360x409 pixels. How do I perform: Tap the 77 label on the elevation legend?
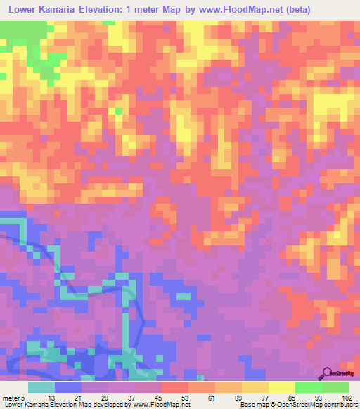click(x=269, y=397)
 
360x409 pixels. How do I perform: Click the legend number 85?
click(x=295, y=397)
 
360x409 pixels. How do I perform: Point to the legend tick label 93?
click(x=322, y=397)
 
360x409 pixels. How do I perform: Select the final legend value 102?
click(x=347, y=397)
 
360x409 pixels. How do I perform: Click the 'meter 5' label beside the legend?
click(x=14, y=397)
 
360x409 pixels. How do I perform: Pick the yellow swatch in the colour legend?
click(x=281, y=387)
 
